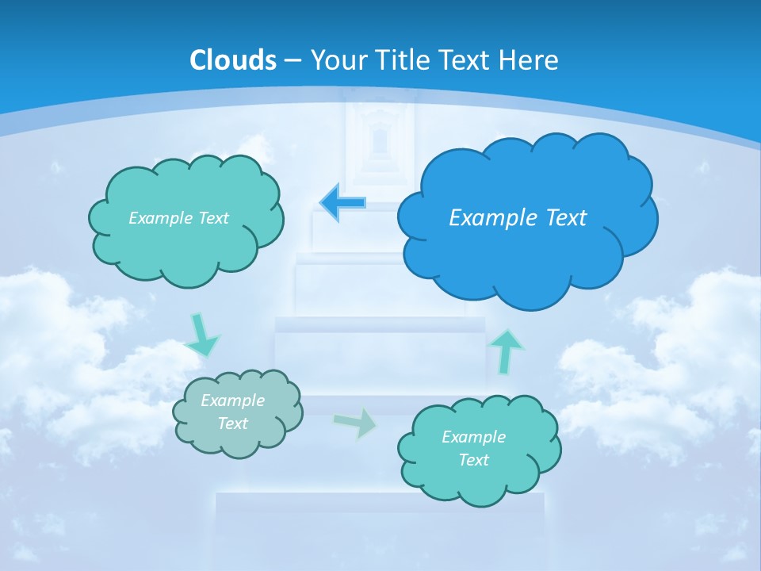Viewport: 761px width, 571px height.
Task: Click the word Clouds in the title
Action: point(233,60)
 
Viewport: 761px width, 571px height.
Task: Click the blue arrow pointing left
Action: point(343,202)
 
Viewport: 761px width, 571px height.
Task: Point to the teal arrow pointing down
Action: point(203,335)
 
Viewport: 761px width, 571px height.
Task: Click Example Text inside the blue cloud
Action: point(518,218)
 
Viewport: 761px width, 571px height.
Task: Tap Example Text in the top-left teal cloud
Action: point(178,218)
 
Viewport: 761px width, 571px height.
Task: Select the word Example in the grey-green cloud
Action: point(232,400)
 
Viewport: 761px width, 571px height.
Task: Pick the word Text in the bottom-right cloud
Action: point(473,460)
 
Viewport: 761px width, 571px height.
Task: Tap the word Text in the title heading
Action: point(463,60)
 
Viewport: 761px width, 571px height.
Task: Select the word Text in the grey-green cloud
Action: point(232,423)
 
